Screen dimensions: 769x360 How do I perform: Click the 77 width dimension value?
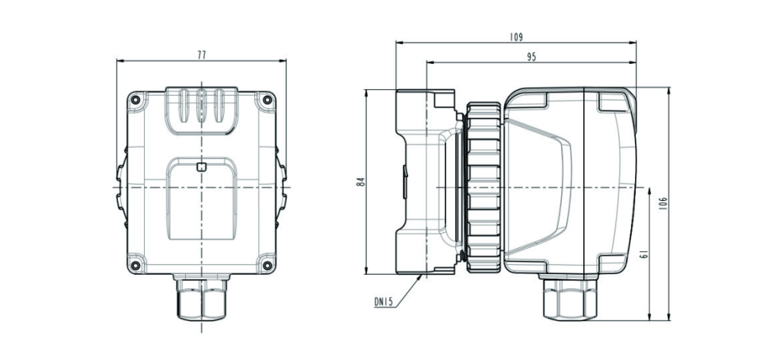(x=202, y=55)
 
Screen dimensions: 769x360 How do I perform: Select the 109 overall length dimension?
(x=516, y=37)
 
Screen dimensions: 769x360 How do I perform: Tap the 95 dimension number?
(x=531, y=57)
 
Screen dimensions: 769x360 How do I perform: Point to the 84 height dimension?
(x=361, y=181)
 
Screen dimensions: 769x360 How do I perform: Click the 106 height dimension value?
(x=663, y=203)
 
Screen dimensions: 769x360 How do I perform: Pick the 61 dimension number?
(x=644, y=254)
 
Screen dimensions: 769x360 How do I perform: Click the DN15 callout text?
(x=384, y=303)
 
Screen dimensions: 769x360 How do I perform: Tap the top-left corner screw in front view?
(x=136, y=100)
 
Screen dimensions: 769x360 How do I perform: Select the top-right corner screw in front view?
(x=266, y=100)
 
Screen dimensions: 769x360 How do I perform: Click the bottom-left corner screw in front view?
(x=136, y=266)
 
